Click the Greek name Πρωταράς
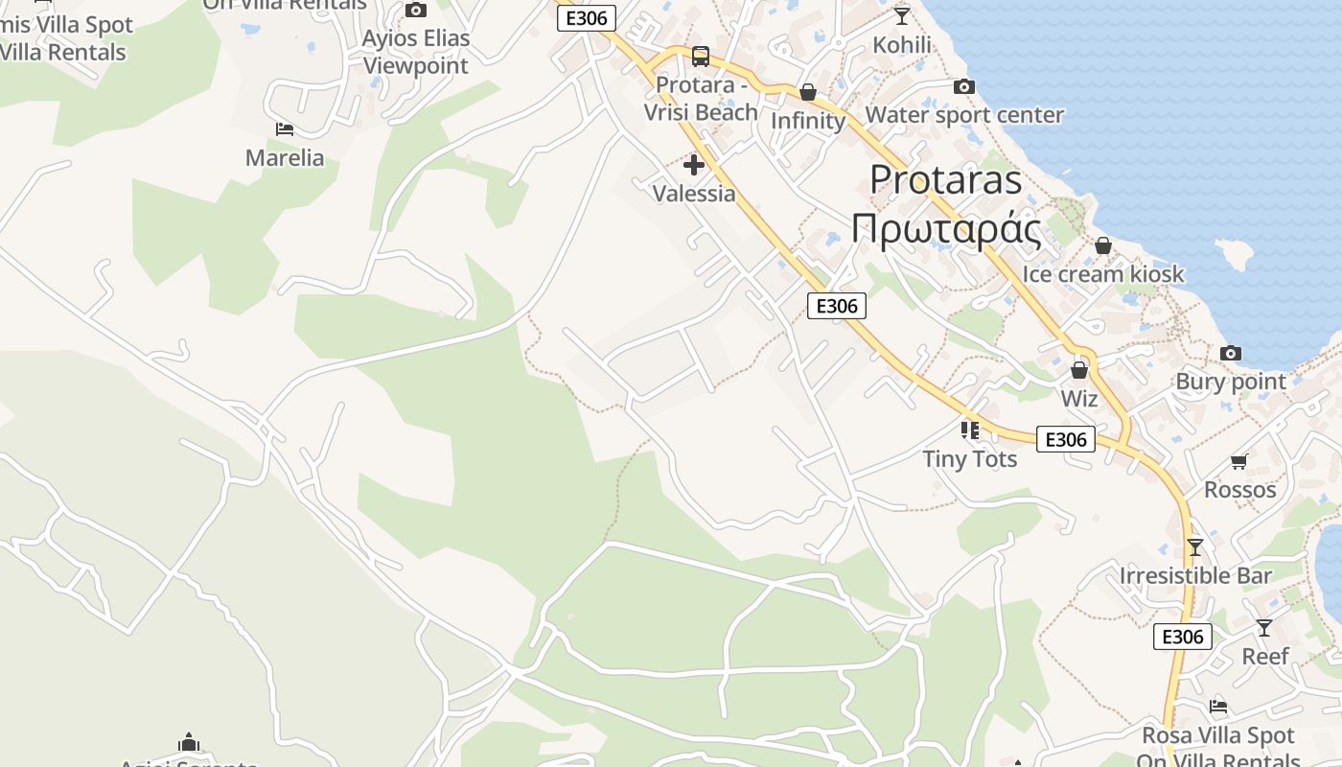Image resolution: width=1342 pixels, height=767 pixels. coord(946,231)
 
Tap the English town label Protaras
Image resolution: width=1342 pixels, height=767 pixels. coord(946,180)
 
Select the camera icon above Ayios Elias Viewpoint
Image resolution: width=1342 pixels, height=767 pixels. coord(415,11)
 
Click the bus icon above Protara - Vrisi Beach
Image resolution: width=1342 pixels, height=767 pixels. coord(701,57)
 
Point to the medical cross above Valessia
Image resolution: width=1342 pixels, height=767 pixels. coord(694,165)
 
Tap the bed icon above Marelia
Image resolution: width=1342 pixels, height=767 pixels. coord(284,129)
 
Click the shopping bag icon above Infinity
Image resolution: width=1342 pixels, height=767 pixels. coord(808,92)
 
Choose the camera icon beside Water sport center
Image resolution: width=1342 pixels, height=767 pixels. coord(964,87)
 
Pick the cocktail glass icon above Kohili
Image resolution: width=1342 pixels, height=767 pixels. coord(902,16)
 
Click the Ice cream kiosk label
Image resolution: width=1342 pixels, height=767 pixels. coord(1103,274)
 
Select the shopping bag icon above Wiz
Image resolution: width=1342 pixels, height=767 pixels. coord(1079,370)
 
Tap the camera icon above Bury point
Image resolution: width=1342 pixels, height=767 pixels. coord(1231,354)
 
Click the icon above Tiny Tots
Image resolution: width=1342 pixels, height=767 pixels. coord(970,430)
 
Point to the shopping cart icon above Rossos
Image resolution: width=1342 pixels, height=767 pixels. coord(1239,462)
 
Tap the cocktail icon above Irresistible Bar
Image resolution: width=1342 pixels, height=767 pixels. coord(1194,547)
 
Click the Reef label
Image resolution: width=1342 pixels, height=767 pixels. coord(1265,657)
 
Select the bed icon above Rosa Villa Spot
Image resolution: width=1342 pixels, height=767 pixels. coord(1218,708)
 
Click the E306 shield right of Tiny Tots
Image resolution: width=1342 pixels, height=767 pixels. coord(1066,439)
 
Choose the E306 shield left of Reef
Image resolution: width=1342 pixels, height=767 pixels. coord(1183,637)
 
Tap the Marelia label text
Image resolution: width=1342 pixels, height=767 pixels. coord(285,158)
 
